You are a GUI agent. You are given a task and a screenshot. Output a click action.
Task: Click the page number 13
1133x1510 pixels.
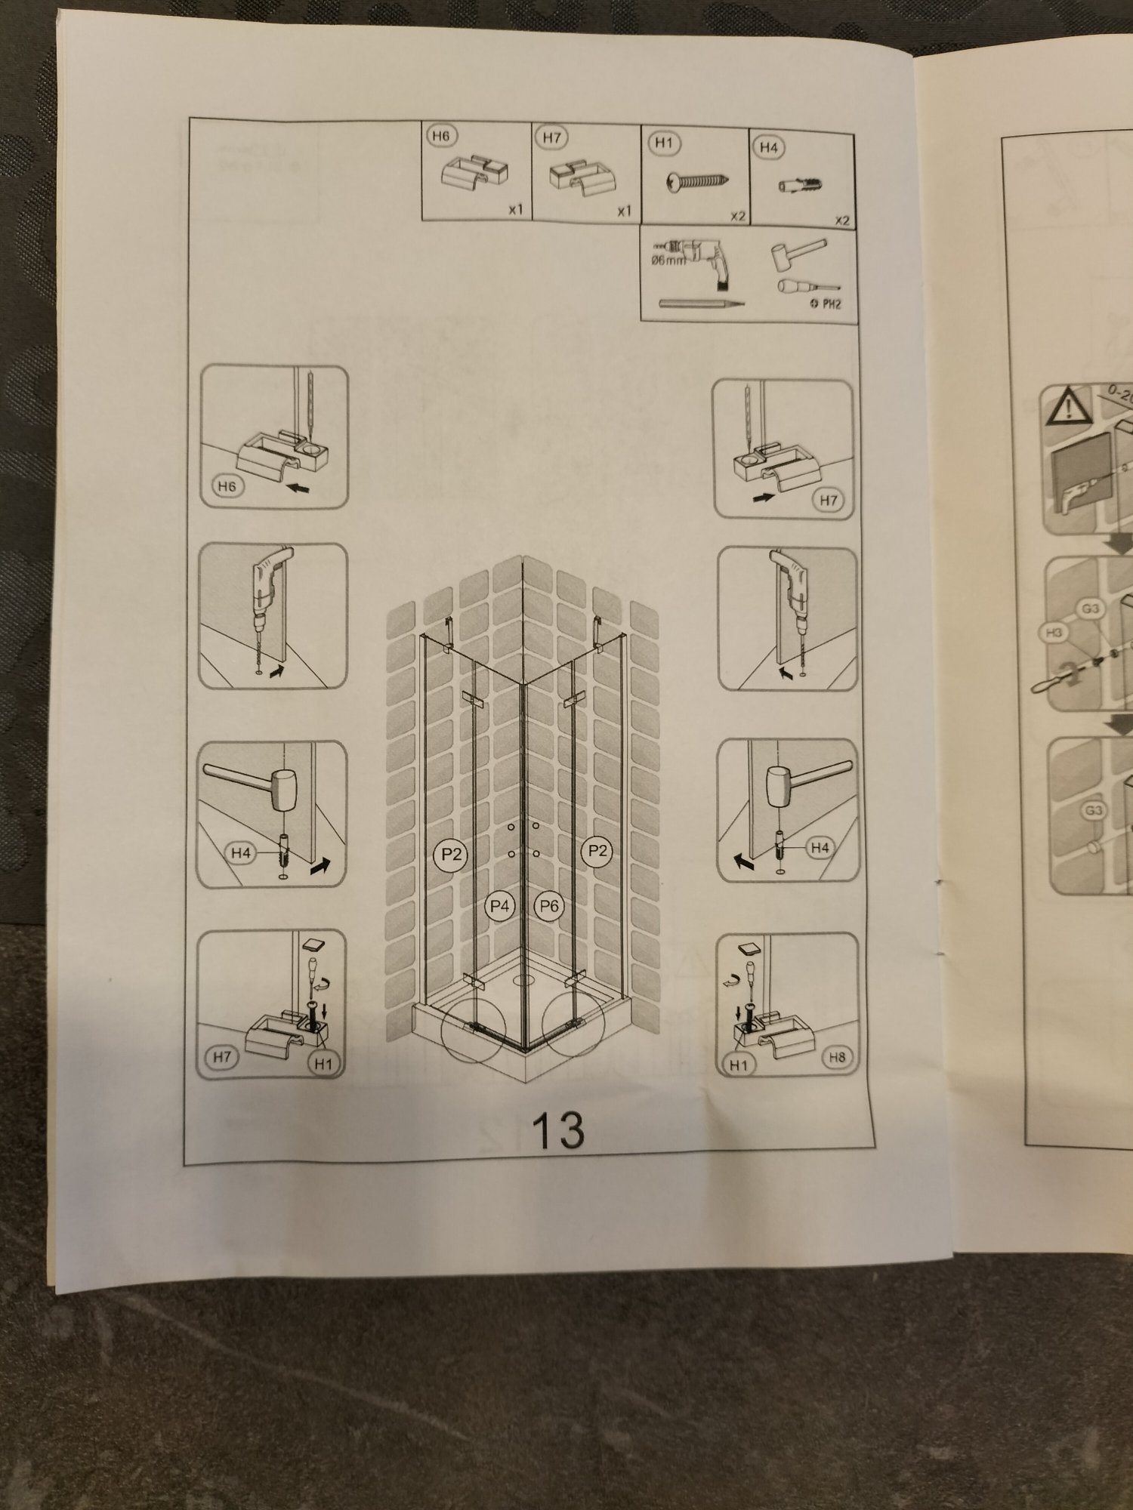(x=558, y=1129)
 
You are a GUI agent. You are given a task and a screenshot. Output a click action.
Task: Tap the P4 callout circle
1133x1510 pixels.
(x=499, y=905)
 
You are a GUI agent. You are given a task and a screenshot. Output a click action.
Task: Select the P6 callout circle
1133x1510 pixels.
(x=549, y=905)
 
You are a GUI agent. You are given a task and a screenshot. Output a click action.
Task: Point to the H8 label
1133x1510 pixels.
(x=836, y=1057)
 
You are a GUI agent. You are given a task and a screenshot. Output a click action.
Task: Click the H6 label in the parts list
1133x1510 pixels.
(x=443, y=137)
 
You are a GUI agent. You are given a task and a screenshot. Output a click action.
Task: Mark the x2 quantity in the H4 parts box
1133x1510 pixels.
(x=842, y=220)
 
